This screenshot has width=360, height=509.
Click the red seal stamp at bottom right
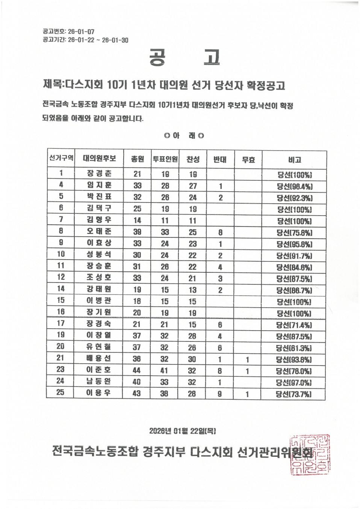(x=310, y=455)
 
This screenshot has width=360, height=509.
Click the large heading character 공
(x=157, y=57)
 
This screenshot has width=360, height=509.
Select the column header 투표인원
(x=165, y=159)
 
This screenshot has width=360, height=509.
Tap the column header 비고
(x=295, y=160)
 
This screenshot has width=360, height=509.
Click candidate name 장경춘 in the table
(x=99, y=174)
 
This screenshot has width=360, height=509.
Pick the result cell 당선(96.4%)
(x=295, y=186)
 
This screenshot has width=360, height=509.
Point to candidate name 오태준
(x=99, y=231)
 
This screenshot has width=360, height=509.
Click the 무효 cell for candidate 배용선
(x=247, y=359)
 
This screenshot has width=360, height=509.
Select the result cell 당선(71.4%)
(x=294, y=325)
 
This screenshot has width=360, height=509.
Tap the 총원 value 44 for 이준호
(x=137, y=370)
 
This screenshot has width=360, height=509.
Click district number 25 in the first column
(x=60, y=393)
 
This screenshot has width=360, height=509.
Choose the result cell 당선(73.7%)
(x=294, y=394)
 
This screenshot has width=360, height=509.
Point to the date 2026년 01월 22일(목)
(x=182, y=431)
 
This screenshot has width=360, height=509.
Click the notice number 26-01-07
(x=81, y=32)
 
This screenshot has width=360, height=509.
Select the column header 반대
(x=220, y=160)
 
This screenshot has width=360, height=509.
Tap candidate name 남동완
(x=99, y=381)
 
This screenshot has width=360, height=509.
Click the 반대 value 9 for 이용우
(x=220, y=394)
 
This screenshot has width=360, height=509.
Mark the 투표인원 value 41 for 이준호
(x=164, y=370)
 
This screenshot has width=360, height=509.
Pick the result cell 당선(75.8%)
(x=295, y=233)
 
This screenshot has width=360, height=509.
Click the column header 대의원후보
(x=99, y=159)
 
